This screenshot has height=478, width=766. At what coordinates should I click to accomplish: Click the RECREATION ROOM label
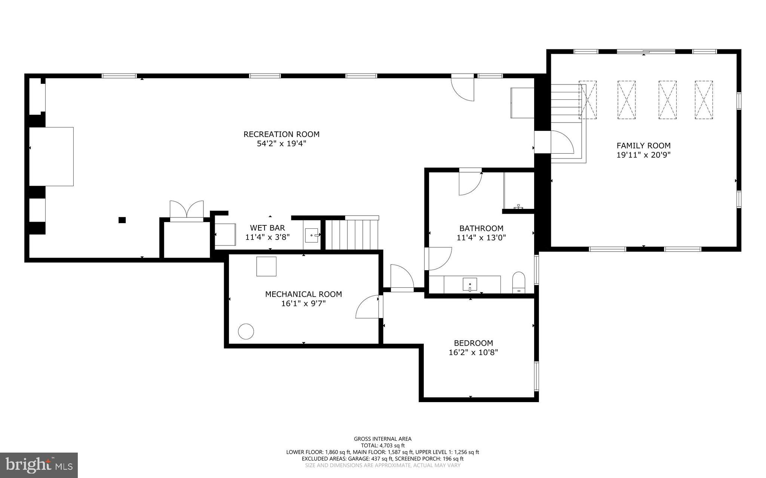(x=281, y=134)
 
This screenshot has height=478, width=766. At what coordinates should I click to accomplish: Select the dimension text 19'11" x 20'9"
(x=643, y=155)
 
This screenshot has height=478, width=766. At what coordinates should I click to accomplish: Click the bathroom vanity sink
(x=470, y=285)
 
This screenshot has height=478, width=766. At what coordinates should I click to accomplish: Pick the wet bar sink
(x=311, y=235)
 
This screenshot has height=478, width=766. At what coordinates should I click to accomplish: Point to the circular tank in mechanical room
(x=246, y=331)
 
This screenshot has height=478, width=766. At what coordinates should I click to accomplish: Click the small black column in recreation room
(x=122, y=220)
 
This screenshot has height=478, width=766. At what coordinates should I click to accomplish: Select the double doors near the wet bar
(x=187, y=210)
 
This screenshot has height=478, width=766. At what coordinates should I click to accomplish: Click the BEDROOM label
(x=473, y=343)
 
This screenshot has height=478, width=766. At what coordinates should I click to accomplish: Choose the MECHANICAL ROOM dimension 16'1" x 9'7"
(x=303, y=304)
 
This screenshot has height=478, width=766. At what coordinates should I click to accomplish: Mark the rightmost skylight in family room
(x=704, y=100)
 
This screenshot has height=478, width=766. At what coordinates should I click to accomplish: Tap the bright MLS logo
(x=39, y=465)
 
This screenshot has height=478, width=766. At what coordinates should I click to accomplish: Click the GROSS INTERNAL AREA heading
(x=383, y=439)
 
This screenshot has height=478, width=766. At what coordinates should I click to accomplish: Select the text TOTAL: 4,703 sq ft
(x=383, y=445)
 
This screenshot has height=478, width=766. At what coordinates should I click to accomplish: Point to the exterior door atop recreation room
(x=463, y=88)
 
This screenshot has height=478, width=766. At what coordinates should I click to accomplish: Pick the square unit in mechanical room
(x=266, y=266)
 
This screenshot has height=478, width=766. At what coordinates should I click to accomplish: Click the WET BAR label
(x=267, y=228)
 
